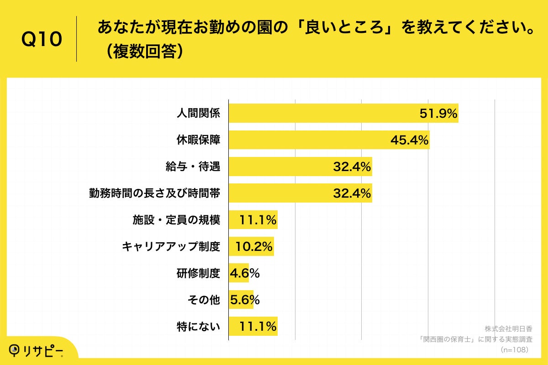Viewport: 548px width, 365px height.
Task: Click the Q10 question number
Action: (x=42, y=40)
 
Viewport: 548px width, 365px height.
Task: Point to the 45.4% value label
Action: (x=409, y=140)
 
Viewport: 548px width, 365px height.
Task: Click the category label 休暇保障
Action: (x=198, y=140)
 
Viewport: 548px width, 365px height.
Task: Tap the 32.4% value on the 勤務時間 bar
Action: (x=352, y=193)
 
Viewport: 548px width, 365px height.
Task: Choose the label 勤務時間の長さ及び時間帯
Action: (x=154, y=193)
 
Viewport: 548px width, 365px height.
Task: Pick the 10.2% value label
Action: (x=254, y=247)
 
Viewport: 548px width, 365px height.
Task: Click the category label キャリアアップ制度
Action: (x=171, y=247)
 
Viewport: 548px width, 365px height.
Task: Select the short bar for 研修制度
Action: (x=238, y=273)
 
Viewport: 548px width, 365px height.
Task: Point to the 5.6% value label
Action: (x=244, y=300)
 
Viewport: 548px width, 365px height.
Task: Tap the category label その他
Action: (x=204, y=300)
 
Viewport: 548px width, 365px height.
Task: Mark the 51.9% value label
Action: (x=438, y=114)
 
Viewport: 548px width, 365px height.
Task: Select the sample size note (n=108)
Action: (x=514, y=349)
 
